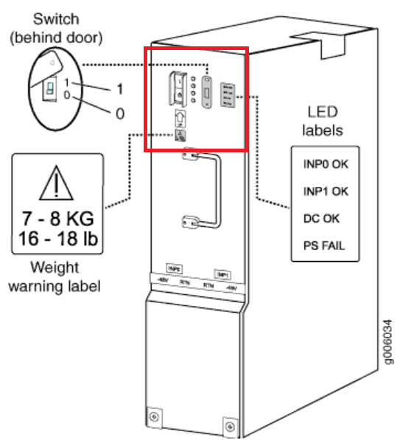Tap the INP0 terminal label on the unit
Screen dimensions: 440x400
point(175,269)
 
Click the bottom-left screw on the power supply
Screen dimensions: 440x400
point(153,417)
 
